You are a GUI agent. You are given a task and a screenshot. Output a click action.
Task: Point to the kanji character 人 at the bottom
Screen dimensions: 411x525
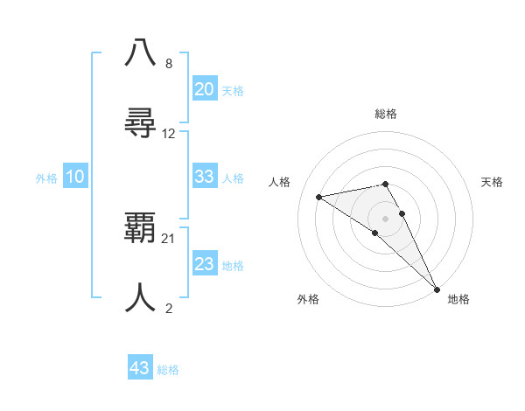point(140,297)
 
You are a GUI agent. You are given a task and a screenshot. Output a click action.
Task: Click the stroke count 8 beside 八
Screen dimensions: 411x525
point(168,64)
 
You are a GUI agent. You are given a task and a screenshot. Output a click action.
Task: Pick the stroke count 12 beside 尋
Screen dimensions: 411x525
point(169,134)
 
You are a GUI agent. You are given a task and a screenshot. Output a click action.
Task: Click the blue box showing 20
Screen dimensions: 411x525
point(204,89)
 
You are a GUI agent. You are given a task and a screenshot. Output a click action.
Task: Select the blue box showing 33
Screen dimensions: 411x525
point(204,177)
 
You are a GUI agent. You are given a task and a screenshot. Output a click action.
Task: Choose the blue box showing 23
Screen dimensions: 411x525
point(204,264)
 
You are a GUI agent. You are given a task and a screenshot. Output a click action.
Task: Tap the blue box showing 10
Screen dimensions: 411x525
point(75,177)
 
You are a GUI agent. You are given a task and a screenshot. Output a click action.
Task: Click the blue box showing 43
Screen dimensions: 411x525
point(139,368)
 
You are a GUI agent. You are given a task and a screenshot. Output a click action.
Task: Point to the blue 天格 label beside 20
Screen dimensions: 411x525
point(233,91)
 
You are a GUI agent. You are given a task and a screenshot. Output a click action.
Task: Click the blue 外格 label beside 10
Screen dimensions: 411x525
point(46,178)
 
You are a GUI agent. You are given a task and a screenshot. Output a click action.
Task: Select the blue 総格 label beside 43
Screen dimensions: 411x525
point(168,370)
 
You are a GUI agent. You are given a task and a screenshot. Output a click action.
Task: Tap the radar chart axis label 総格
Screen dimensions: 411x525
point(386,114)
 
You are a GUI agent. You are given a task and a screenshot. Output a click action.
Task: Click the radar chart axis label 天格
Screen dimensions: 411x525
point(493,182)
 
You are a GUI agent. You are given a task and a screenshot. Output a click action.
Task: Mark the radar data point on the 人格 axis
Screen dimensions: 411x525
point(319,197)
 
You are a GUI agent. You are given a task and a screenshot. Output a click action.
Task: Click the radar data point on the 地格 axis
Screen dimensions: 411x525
point(437,289)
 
